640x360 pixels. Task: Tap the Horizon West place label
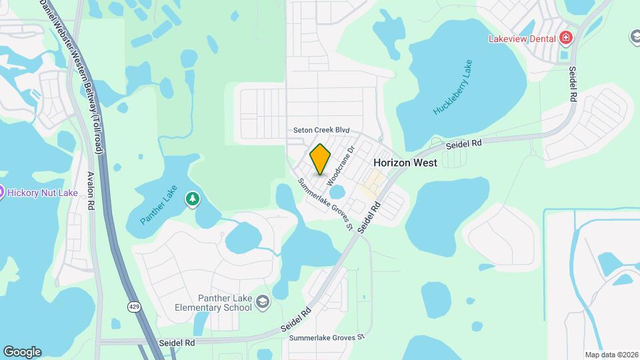(405, 163)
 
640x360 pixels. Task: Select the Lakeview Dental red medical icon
(566, 38)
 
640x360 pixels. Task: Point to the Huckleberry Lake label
(453, 87)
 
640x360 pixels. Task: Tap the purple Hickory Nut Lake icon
(1, 193)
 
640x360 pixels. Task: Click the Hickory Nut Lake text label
(33, 193)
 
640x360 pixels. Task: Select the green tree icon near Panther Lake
(193, 199)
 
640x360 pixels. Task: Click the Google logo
(22, 351)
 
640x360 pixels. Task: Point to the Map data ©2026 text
(610, 355)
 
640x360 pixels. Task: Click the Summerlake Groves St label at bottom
(327, 338)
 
